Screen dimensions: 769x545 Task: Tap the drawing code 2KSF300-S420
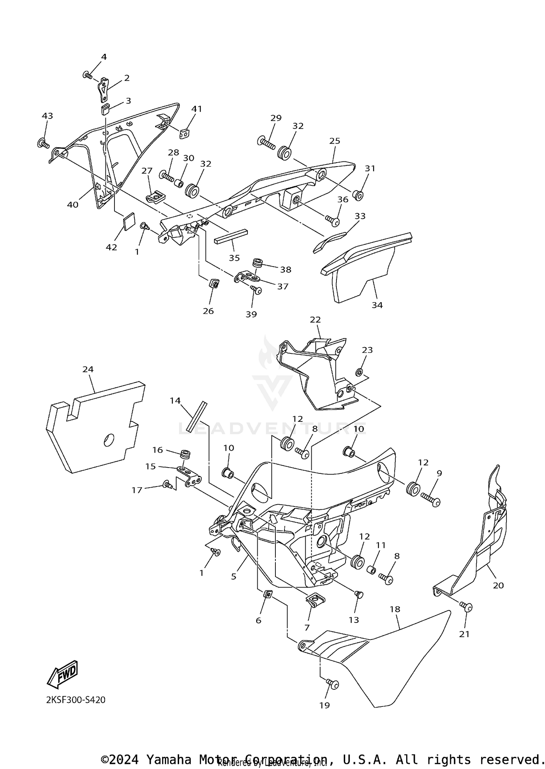pyautogui.click(x=76, y=700)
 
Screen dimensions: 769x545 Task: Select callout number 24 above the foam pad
pyautogui.click(x=88, y=369)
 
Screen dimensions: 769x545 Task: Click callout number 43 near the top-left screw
pyautogui.click(x=47, y=116)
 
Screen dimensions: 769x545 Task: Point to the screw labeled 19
pyautogui.click(x=332, y=684)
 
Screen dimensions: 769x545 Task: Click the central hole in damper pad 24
pyautogui.click(x=109, y=440)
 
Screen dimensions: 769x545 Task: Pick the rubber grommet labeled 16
pyautogui.click(x=186, y=454)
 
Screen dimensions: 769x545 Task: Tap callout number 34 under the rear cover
pyautogui.click(x=377, y=305)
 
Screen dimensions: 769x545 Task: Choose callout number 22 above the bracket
pyautogui.click(x=315, y=320)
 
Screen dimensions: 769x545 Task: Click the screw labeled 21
pyautogui.click(x=466, y=607)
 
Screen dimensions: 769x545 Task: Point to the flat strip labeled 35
pyautogui.click(x=231, y=237)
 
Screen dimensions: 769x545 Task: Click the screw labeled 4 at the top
pyautogui.click(x=88, y=75)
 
